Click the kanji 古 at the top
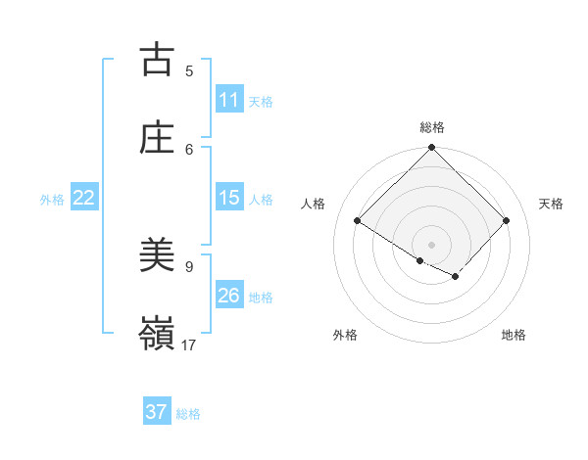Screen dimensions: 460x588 point(157,60)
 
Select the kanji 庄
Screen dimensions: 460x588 point(157,137)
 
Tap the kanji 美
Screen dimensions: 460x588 point(157,255)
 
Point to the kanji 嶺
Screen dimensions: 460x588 point(157,333)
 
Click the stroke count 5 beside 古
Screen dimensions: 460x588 point(189,70)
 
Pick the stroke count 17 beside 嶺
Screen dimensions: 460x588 point(189,345)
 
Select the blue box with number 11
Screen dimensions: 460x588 point(229,100)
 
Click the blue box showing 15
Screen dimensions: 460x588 point(229,198)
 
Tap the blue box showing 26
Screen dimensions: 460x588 point(229,296)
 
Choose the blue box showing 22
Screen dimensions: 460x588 point(84,198)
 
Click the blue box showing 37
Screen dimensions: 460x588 point(157,412)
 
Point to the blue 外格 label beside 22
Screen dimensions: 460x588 point(52,200)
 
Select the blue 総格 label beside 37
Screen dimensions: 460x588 point(188,414)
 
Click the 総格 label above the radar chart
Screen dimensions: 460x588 point(432,127)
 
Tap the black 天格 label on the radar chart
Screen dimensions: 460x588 point(551,204)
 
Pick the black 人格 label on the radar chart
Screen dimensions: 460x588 point(314,204)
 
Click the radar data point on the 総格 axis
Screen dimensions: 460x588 point(432,149)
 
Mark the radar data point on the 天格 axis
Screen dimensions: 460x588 point(506,221)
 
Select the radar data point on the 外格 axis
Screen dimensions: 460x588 point(420,260)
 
